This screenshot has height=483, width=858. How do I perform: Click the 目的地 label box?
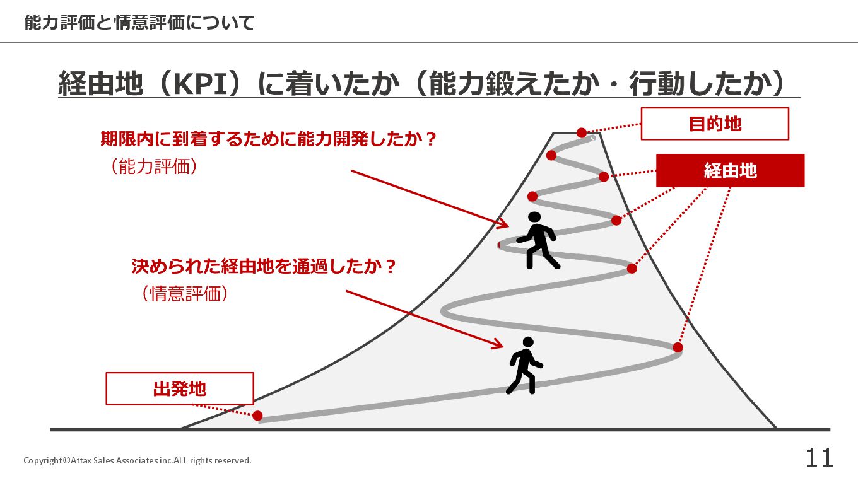point(715,124)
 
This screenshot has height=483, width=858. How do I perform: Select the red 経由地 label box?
point(730,170)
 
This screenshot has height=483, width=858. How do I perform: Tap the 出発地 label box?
point(179,388)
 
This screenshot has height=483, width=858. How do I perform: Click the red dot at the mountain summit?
point(582,132)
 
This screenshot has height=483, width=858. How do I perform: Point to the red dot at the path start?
point(257,416)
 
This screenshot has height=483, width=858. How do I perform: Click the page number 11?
point(819,458)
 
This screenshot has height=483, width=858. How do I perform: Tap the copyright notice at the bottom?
point(138,460)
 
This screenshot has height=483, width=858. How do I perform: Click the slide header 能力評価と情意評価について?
point(139,23)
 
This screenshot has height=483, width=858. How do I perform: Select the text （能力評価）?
point(153,166)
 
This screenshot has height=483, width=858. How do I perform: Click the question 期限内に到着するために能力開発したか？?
point(269,139)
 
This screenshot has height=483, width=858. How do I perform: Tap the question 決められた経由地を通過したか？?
point(264,266)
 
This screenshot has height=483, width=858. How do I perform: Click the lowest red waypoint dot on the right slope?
point(678,347)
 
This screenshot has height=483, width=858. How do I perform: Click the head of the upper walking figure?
point(535,218)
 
